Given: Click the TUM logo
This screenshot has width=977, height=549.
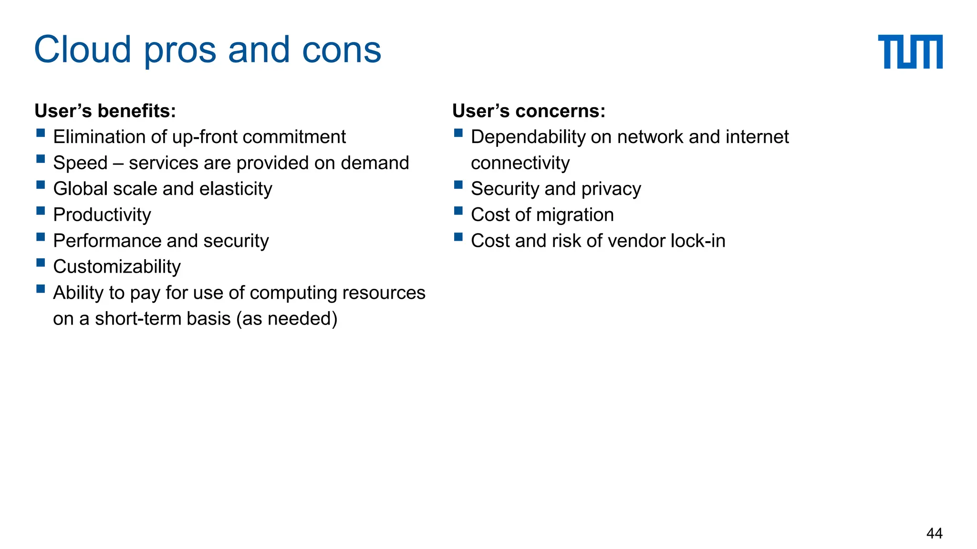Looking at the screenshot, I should tap(910, 51).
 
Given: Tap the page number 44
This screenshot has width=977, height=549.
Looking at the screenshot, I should tap(934, 533).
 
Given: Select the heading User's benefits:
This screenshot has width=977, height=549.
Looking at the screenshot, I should tap(105, 111).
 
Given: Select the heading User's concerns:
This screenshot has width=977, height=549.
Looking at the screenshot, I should tap(529, 111).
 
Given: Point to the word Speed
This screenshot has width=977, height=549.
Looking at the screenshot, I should tap(80, 163).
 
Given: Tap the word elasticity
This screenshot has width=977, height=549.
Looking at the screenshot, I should tap(236, 189).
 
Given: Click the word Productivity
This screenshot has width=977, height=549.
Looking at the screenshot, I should tap(102, 215).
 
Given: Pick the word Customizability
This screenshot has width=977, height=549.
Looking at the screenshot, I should tap(117, 267).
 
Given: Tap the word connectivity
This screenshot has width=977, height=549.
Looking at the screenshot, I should tap(520, 163).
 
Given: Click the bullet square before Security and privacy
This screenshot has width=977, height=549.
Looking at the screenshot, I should tap(458, 185).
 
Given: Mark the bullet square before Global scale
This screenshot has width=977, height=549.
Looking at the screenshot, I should tap(41, 185).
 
